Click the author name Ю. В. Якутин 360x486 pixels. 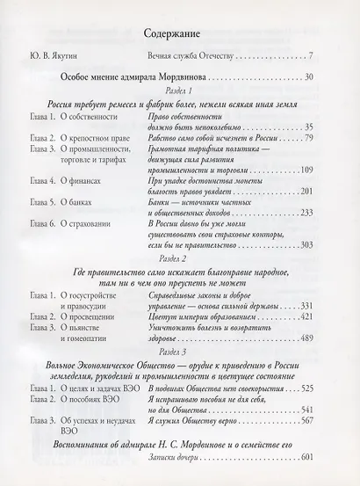point(54,58)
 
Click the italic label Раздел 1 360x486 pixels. point(180,92)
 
